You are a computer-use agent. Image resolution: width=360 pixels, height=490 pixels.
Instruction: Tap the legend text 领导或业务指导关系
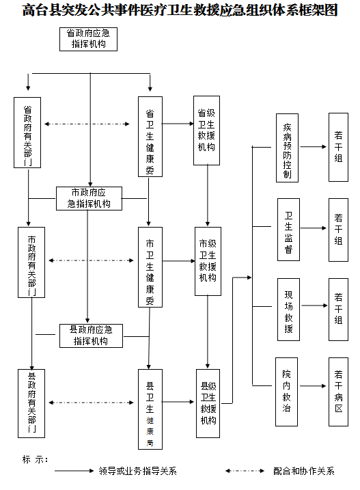pyautogui.click(x=137, y=471)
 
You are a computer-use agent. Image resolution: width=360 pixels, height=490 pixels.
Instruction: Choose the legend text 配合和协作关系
pyautogui.click(x=304, y=471)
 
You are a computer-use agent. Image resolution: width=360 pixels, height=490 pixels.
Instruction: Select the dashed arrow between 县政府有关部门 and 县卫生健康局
pyautogui.click(x=92, y=403)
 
